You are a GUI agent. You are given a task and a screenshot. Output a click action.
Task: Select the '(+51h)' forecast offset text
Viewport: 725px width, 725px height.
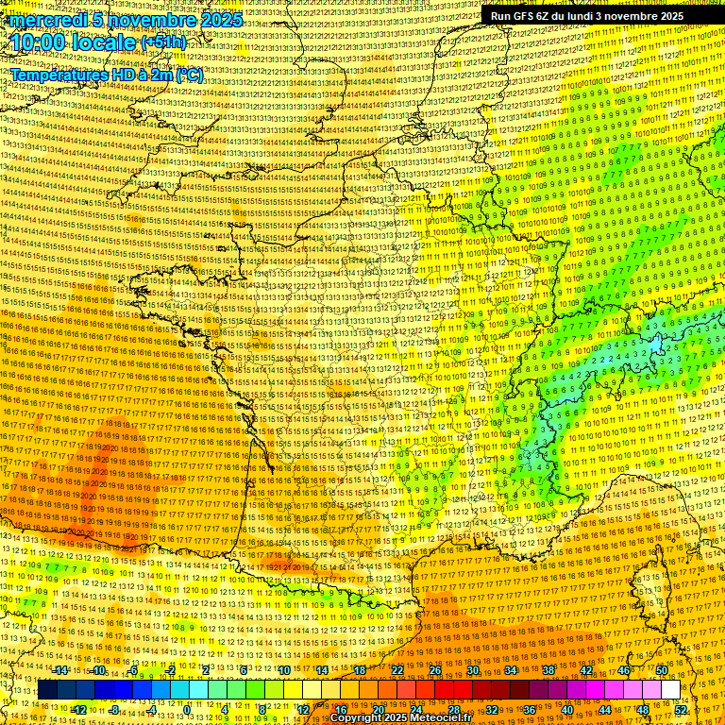(163, 42)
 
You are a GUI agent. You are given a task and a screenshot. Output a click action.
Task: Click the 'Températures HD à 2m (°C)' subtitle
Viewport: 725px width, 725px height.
(107, 75)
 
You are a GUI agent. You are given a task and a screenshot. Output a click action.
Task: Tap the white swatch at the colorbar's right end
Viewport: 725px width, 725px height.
(670, 690)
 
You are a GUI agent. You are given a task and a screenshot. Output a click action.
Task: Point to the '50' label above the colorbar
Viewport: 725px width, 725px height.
(662, 671)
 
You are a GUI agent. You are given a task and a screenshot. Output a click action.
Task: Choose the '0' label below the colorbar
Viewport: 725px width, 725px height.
(188, 709)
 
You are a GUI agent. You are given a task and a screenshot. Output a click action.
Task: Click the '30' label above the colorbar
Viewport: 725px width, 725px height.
(473, 671)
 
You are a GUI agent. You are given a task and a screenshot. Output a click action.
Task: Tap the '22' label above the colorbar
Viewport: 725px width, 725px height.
(397, 671)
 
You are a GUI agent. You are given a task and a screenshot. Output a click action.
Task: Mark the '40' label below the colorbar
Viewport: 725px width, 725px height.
(567, 709)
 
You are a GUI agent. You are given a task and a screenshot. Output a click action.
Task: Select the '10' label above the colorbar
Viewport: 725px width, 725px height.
(284, 671)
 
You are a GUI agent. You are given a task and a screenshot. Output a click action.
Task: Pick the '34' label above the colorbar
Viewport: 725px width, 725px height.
(511, 671)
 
